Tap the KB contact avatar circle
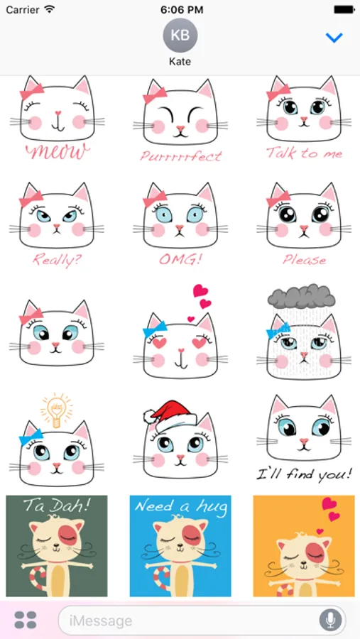(x=180, y=35)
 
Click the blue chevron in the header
(x=334, y=38)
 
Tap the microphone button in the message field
(x=330, y=621)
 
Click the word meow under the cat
(x=58, y=152)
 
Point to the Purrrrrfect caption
(x=180, y=155)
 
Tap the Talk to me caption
(x=304, y=153)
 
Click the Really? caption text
(x=57, y=260)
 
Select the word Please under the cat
(x=305, y=260)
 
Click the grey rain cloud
(x=302, y=296)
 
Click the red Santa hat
(x=170, y=415)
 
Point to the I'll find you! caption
(x=304, y=474)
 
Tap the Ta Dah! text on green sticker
(x=57, y=506)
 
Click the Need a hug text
(x=180, y=506)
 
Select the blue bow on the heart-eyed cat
(x=155, y=329)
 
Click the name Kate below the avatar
(x=180, y=62)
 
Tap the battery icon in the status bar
(x=344, y=9)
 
